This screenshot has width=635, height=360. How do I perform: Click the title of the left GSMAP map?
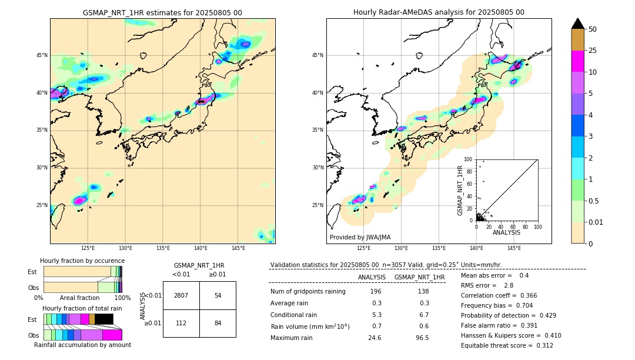(x=162, y=12)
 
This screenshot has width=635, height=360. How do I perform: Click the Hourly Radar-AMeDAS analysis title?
(x=439, y=12)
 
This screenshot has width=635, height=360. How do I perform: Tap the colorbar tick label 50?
(x=593, y=29)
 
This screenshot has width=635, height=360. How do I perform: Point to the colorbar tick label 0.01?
(x=596, y=222)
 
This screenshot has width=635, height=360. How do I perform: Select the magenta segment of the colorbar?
(x=578, y=61)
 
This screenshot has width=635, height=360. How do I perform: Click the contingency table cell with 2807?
(x=181, y=295)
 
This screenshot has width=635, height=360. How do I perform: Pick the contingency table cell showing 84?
(x=218, y=324)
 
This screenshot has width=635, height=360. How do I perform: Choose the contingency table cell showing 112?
(x=181, y=324)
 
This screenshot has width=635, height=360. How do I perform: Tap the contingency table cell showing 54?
(x=218, y=295)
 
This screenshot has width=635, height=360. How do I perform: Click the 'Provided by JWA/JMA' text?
(x=360, y=238)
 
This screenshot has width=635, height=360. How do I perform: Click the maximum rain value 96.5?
(x=422, y=338)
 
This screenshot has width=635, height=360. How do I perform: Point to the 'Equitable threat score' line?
(x=507, y=345)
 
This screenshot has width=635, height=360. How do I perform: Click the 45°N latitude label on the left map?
(x=42, y=55)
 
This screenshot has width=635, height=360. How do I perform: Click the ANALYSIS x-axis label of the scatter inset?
(x=506, y=232)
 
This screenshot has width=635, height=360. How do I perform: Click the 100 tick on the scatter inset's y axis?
(x=468, y=159)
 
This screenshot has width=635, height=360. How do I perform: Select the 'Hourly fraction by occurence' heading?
(x=82, y=261)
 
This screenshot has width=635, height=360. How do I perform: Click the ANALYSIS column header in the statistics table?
(x=372, y=277)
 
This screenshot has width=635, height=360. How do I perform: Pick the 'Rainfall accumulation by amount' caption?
(x=82, y=345)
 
